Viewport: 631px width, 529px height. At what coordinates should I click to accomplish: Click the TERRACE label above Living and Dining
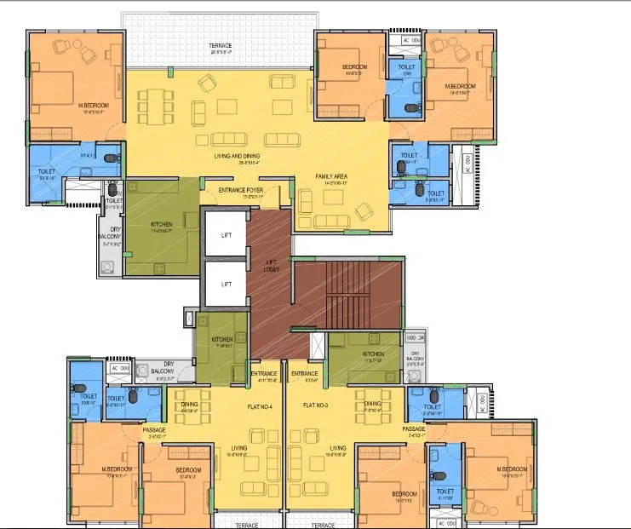(221, 45)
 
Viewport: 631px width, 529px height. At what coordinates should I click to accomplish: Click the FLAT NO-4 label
(259, 406)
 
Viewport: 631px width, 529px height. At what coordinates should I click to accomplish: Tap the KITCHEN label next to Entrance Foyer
(162, 224)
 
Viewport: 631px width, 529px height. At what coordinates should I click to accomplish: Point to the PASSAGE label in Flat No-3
(414, 428)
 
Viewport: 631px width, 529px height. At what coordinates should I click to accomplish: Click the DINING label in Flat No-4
(189, 405)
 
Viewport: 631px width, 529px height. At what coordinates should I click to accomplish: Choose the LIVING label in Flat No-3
(337, 447)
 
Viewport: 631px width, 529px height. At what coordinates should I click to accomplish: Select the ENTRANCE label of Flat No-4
(263, 374)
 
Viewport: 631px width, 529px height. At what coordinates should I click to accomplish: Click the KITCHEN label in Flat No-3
(373, 354)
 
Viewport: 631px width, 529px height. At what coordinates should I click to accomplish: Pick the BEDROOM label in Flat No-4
(188, 470)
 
